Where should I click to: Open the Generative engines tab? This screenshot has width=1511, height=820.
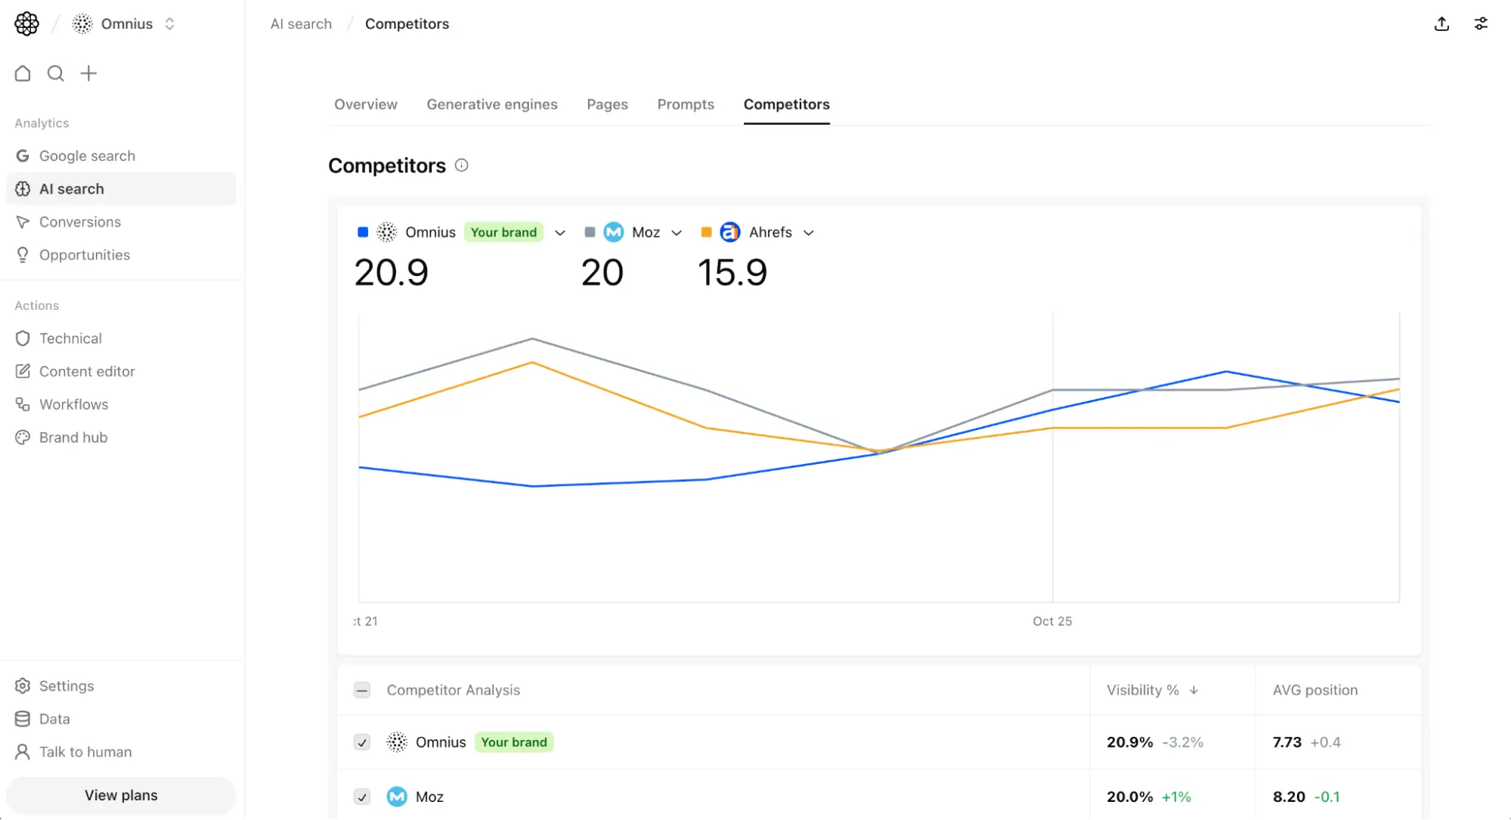[491, 104]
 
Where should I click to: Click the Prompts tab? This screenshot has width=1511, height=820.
[685, 104]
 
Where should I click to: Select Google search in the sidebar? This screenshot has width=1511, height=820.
[87, 156]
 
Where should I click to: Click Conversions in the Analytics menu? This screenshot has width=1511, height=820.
[79, 222]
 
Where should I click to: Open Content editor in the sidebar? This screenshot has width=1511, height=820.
[87, 371]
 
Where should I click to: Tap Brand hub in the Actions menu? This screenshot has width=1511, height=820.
[73, 438]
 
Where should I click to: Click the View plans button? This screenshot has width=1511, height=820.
[121, 795]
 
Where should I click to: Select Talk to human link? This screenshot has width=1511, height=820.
[85, 752]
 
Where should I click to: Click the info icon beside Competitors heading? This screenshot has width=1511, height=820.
[461, 166]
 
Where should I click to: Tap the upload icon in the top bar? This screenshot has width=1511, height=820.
[1441, 24]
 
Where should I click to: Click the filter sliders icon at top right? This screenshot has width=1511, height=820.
[1481, 24]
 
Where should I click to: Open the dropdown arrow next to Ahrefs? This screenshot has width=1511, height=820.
[809, 233]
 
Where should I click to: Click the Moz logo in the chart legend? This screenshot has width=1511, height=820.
[614, 232]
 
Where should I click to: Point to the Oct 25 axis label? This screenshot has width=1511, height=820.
[1052, 621]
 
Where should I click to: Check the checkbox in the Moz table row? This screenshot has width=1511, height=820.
[362, 797]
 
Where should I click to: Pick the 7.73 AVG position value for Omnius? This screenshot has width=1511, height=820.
[1287, 742]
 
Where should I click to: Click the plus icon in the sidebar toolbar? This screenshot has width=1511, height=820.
[88, 73]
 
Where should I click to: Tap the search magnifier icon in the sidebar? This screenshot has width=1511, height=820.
[55, 73]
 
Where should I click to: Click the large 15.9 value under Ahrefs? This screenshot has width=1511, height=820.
[732, 272]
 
